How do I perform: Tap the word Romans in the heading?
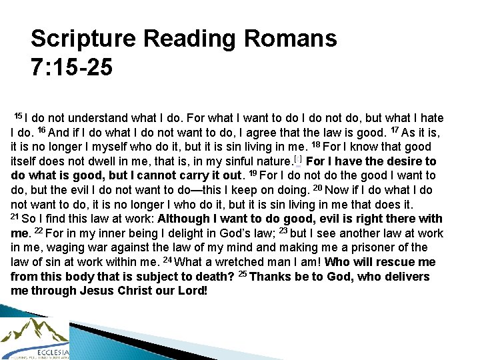291,39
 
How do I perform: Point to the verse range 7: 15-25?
71,67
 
